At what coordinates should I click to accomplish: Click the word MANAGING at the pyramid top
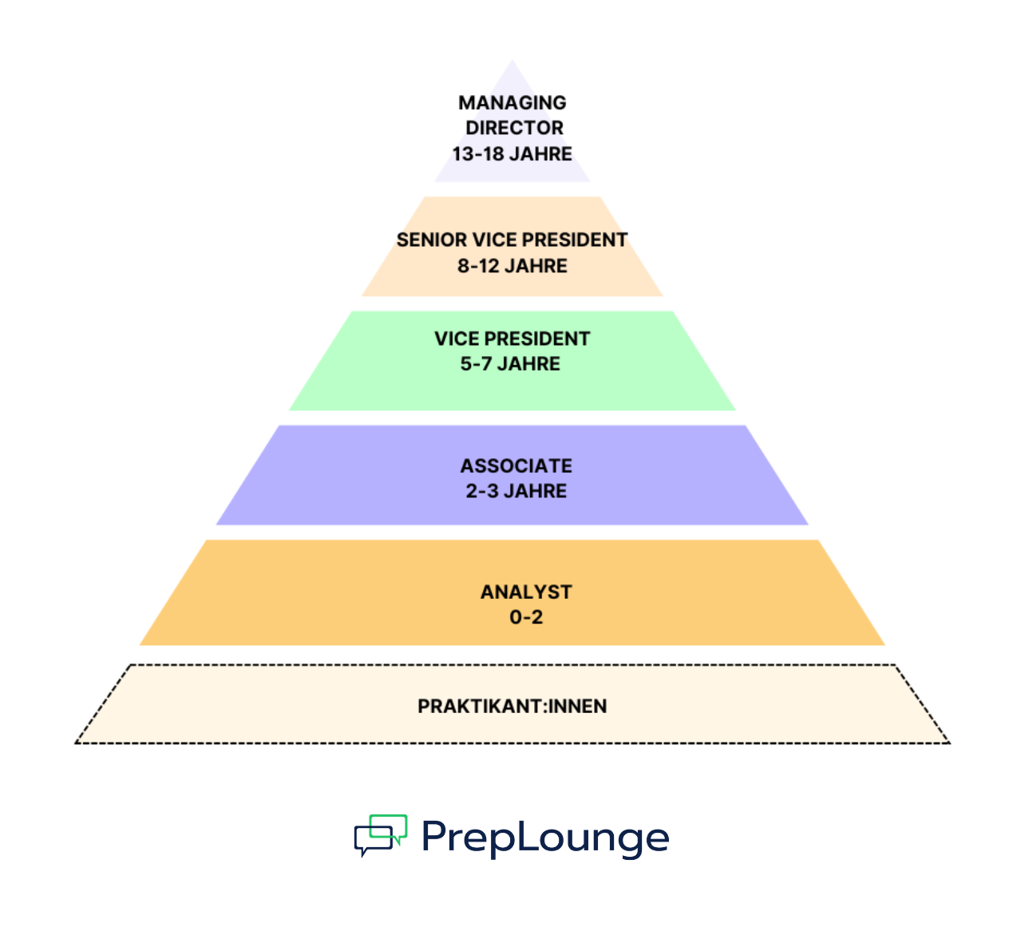pyautogui.click(x=512, y=103)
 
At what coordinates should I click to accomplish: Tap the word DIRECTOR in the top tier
pyautogui.click(x=514, y=128)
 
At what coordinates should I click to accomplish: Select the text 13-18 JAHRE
pyautogui.click(x=512, y=154)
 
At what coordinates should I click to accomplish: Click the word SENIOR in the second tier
pyautogui.click(x=431, y=240)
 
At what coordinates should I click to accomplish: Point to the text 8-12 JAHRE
pyautogui.click(x=512, y=267)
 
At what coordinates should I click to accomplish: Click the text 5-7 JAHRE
pyautogui.click(x=510, y=364)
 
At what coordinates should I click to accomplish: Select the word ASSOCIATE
pyautogui.click(x=516, y=466)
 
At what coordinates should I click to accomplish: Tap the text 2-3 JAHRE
pyautogui.click(x=516, y=492)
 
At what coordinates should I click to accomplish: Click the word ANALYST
pyautogui.click(x=526, y=592)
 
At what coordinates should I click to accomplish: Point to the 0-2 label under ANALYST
pyautogui.click(x=526, y=617)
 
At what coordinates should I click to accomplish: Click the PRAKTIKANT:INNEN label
pyautogui.click(x=512, y=707)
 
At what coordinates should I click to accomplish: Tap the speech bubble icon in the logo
pyautogui.click(x=381, y=835)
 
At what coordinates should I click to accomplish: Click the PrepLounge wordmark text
pyautogui.click(x=545, y=838)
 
